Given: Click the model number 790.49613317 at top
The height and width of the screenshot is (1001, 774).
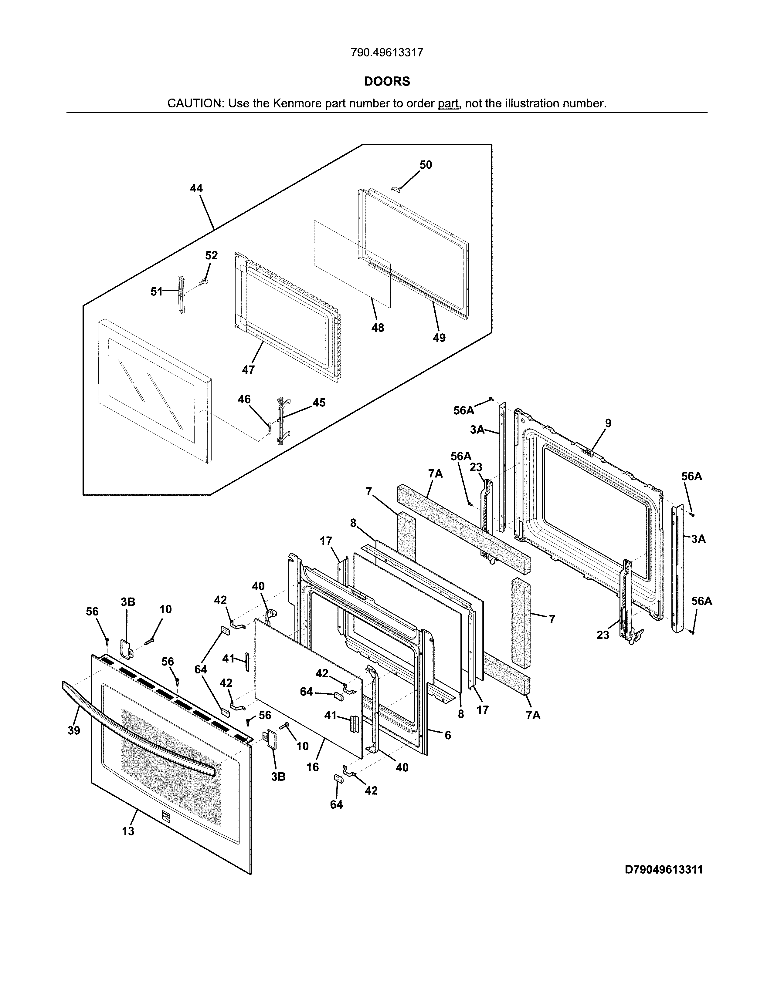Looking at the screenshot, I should tap(386, 53).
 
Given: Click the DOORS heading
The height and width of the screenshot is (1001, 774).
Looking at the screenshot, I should tap(386, 82).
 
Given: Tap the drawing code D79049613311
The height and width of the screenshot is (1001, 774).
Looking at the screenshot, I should tap(664, 870).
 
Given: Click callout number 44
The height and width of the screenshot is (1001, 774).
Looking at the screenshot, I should tap(196, 188).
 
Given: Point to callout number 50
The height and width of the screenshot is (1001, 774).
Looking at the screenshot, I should tap(426, 165).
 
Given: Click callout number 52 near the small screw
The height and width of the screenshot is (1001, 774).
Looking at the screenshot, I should tap(211, 256).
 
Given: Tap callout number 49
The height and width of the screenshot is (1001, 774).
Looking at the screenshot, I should tap(439, 338).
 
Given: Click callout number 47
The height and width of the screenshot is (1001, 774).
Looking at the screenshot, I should tap(248, 369).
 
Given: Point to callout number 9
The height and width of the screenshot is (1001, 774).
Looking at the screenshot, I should tap(608, 423).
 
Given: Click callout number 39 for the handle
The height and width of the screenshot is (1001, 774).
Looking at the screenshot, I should tap(74, 731).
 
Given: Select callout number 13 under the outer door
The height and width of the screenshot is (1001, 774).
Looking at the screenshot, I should tap(128, 831).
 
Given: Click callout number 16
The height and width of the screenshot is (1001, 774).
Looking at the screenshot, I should tap(312, 767).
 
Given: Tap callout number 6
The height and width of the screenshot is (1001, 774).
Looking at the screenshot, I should tap(447, 735).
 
